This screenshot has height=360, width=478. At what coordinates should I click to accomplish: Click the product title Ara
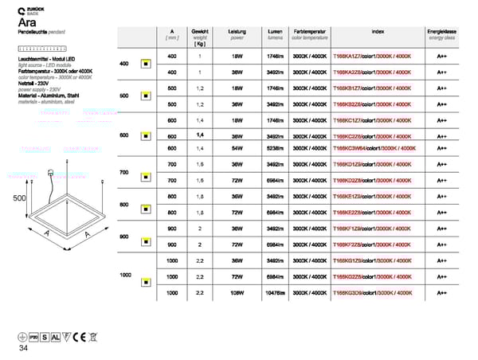tap(25, 24)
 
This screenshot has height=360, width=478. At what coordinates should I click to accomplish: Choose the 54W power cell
tap(237, 148)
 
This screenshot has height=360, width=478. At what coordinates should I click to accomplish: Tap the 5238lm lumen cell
tap(275, 148)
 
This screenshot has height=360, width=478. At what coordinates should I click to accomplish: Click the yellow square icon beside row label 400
tap(146, 64)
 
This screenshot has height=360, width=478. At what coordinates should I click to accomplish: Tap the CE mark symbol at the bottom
tap(79, 336)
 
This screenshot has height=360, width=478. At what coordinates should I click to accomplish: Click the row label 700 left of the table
tap(123, 173)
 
